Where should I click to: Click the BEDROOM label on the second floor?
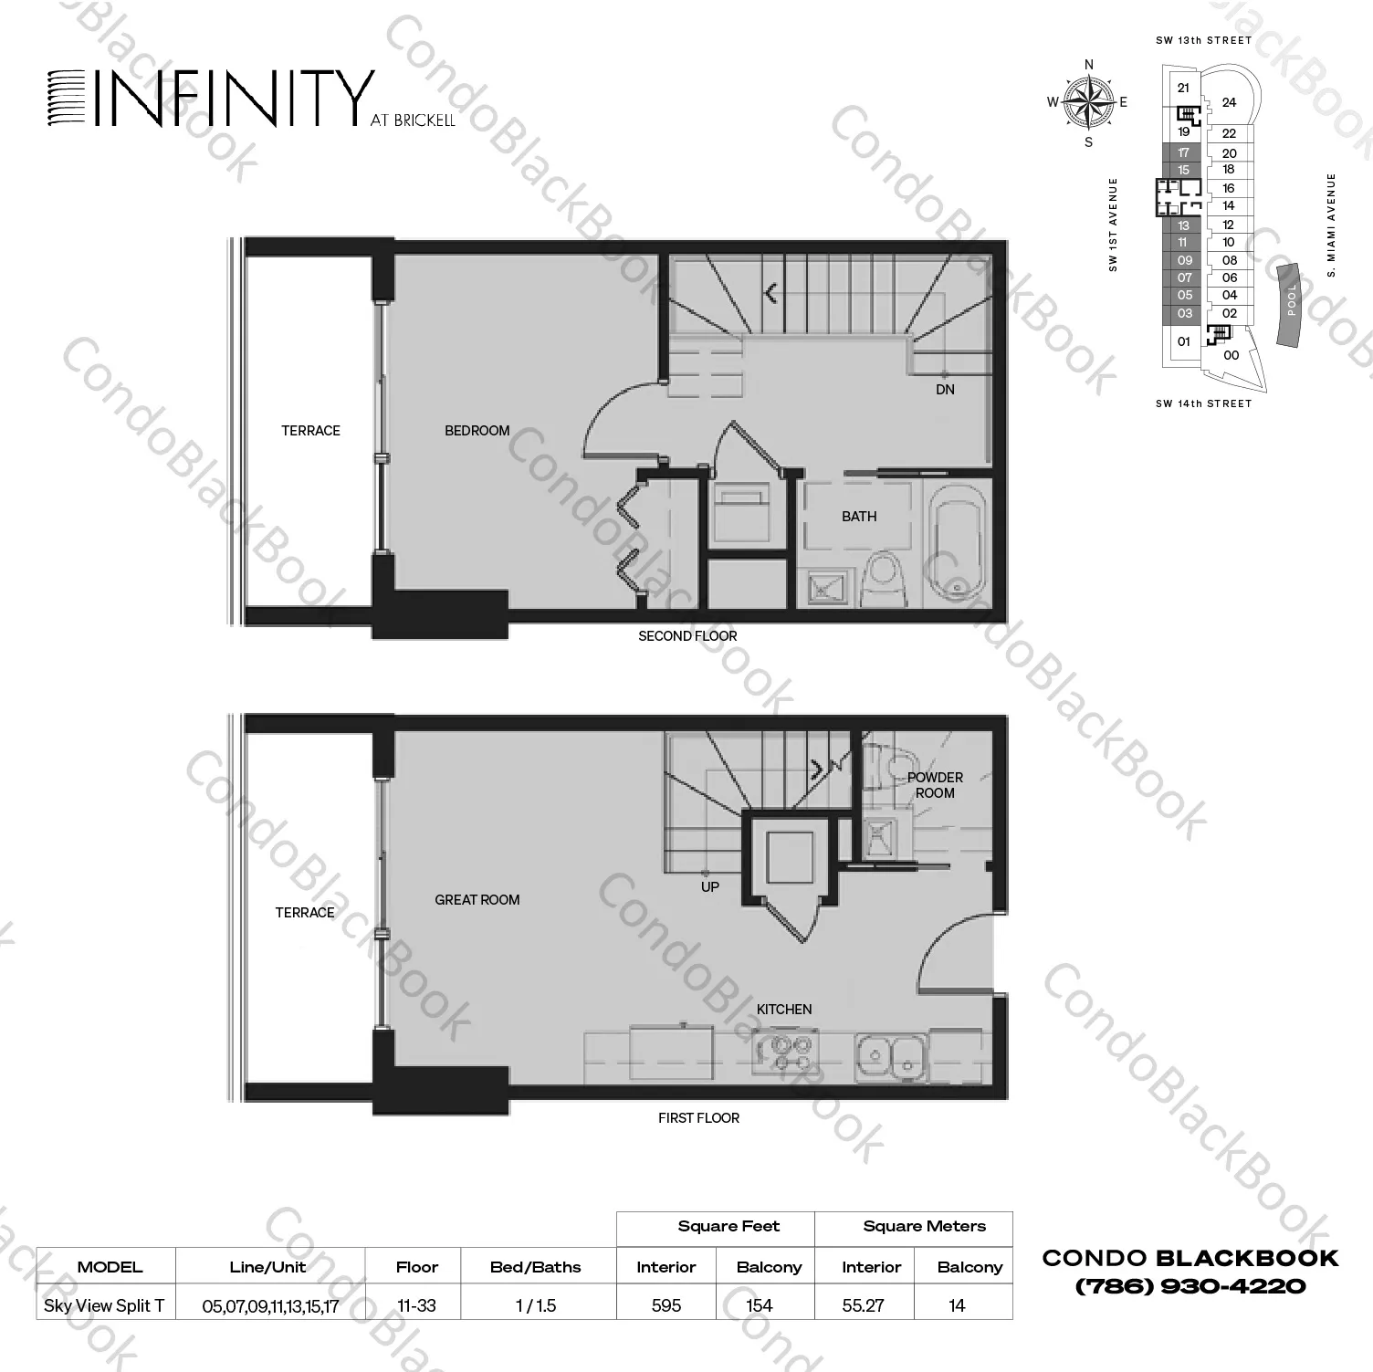pos(477,431)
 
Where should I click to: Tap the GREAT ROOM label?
pos(477,900)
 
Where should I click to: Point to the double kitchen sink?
pos(890,1055)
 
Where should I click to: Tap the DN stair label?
pos(945,390)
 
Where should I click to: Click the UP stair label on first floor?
pos(710,887)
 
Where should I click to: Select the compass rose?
pos(1088,102)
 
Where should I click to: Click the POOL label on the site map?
pos(1291,300)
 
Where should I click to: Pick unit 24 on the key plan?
pos(1229,102)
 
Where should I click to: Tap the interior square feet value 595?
pos(666,1305)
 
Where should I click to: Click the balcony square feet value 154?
pos(760,1305)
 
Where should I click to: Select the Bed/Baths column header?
pos(536,1267)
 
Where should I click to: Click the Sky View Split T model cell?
pos(104,1305)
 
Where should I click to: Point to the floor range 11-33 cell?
pos(416,1305)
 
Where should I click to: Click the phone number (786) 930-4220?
pos(1190,1287)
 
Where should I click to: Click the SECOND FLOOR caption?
pos(687,636)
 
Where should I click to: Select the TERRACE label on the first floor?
pos(305,913)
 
